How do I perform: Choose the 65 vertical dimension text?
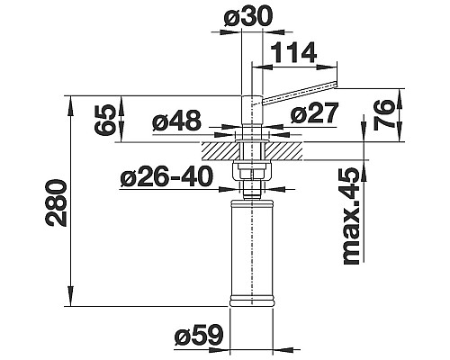(x=106, y=119)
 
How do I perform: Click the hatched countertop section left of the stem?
(x=219, y=144)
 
